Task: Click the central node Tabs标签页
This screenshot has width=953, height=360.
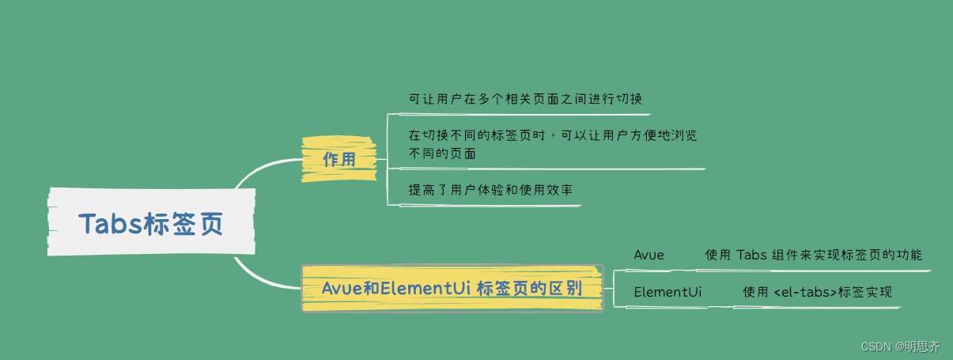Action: pos(151,225)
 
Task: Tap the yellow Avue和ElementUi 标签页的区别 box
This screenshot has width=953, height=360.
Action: pos(452,288)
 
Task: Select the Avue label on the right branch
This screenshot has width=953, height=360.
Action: pos(649,255)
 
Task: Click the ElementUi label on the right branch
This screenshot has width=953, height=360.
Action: pos(667,292)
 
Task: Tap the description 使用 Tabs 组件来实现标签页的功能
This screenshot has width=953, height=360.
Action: pos(813,255)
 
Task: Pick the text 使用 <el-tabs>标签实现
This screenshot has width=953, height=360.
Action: pos(817,292)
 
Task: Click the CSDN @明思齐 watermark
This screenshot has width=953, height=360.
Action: pos(900,346)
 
